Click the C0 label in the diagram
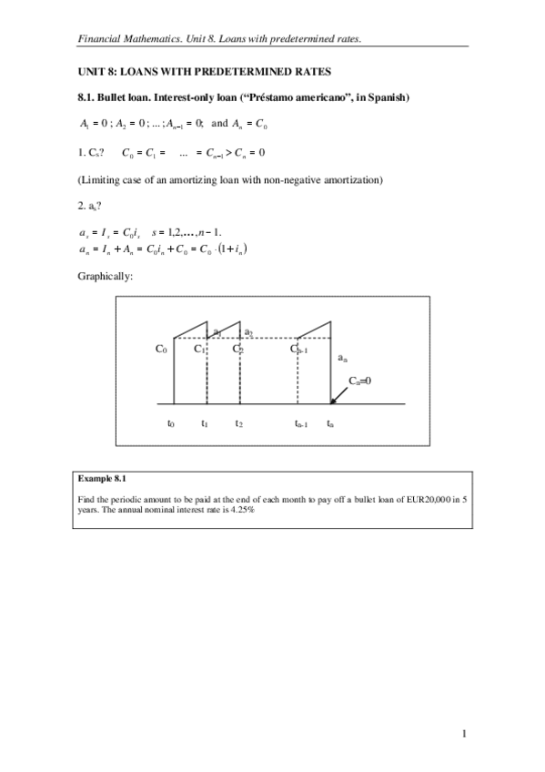161,349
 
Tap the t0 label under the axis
171,422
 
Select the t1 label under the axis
205,422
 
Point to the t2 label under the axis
238,422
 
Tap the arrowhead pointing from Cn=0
334,398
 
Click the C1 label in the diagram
200,349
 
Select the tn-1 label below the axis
301,422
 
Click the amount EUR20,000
416,499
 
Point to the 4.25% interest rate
239,510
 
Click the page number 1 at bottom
463,733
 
